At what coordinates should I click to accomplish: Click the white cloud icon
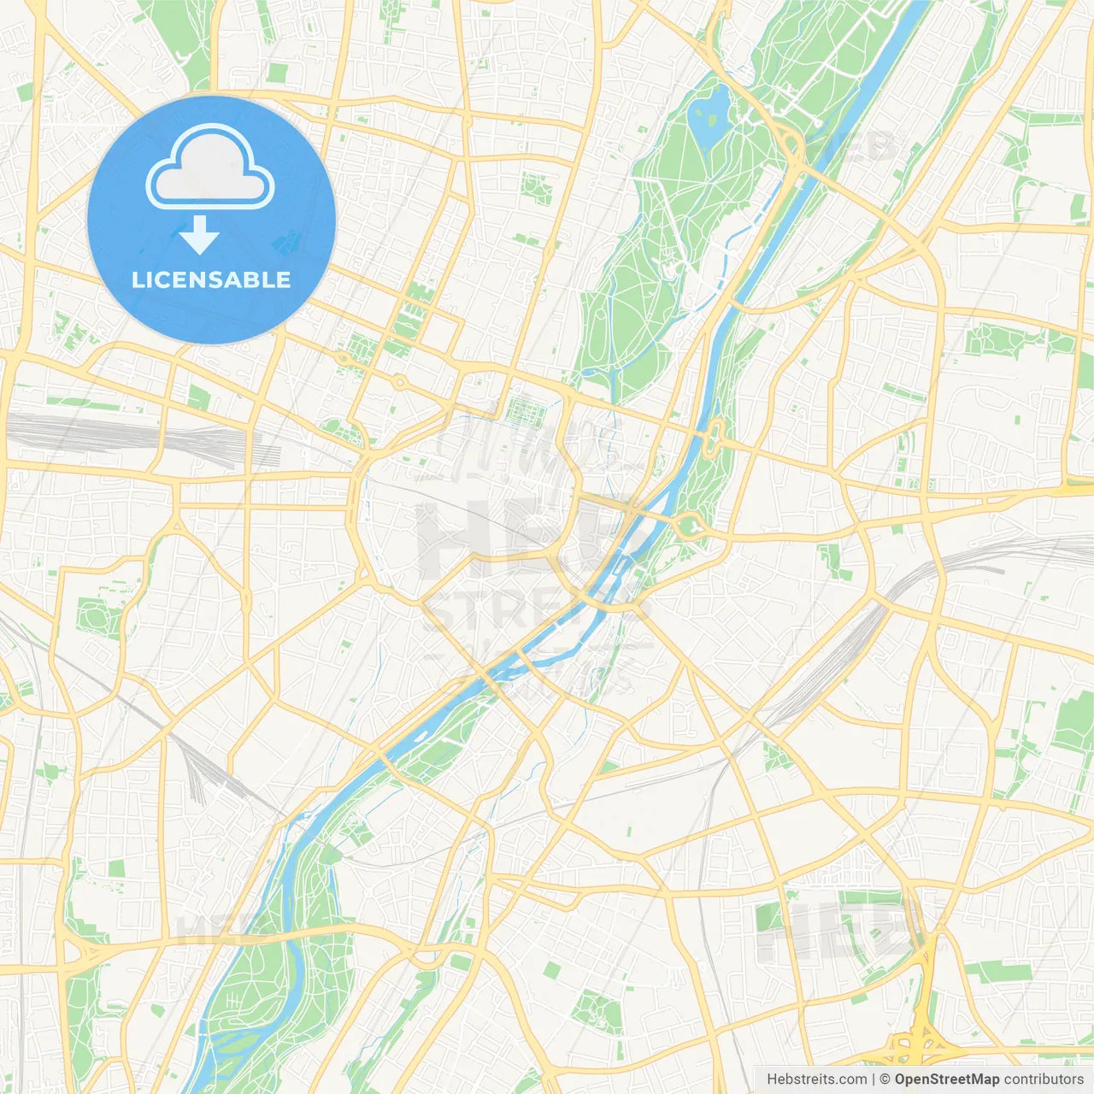tap(210, 168)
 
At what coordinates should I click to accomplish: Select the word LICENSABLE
tap(211, 279)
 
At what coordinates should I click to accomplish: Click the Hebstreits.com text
tap(816, 1079)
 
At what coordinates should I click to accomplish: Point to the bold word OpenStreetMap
tap(946, 1079)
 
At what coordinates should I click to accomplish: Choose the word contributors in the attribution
tap(1044, 1079)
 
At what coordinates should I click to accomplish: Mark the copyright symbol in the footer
tap(885, 1079)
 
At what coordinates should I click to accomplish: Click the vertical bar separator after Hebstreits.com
tap(873, 1079)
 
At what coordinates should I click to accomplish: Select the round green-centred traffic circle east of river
tap(689, 525)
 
